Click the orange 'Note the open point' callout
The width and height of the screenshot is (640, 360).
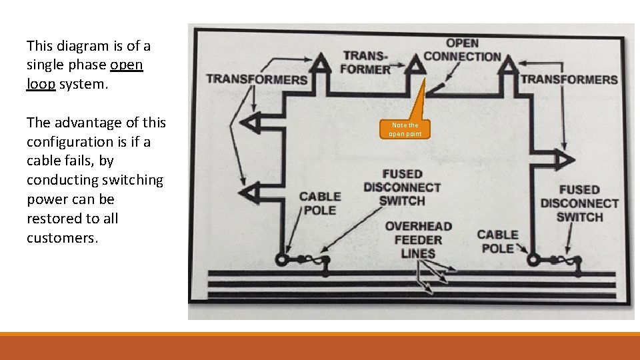405,129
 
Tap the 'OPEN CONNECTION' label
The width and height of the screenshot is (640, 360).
462,50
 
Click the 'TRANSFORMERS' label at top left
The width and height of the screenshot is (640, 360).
257,79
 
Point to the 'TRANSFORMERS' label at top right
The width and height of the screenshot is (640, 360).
569,79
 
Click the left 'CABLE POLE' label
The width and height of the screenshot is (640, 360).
320,203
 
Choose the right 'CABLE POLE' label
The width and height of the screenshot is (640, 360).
497,241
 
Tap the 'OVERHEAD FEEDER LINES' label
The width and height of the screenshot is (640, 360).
418,240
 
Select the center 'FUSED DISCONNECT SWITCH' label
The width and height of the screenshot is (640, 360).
401,187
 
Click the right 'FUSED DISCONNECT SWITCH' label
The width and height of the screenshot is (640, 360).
579,203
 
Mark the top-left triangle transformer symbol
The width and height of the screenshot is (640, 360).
321,64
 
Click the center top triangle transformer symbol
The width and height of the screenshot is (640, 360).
416,65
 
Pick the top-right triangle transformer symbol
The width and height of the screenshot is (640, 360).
509,65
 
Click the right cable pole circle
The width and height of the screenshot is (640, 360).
533,259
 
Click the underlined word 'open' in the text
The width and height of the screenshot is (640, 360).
126,65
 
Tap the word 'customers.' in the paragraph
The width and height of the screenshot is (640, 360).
62,238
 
